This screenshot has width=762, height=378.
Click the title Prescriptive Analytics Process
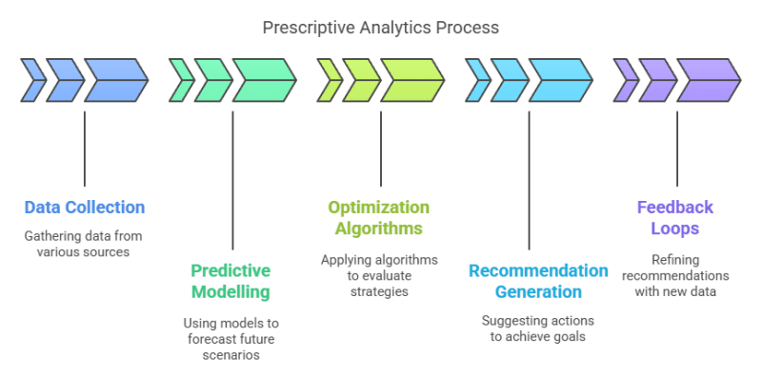point(381,28)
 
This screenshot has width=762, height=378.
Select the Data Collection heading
point(85,207)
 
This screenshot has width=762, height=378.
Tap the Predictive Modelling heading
point(231,280)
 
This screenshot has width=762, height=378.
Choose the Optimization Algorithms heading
point(378,217)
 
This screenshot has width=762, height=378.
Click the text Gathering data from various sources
point(85,242)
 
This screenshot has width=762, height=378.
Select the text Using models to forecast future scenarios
point(231,339)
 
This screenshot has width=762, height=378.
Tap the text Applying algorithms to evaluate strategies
point(378,275)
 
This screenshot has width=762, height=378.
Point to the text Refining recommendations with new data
point(675,275)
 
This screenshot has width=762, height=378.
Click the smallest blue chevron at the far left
point(31,80)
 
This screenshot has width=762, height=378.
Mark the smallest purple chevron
point(625,80)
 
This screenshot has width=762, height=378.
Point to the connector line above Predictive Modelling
point(232,181)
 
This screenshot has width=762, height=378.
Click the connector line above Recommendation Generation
point(528,181)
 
